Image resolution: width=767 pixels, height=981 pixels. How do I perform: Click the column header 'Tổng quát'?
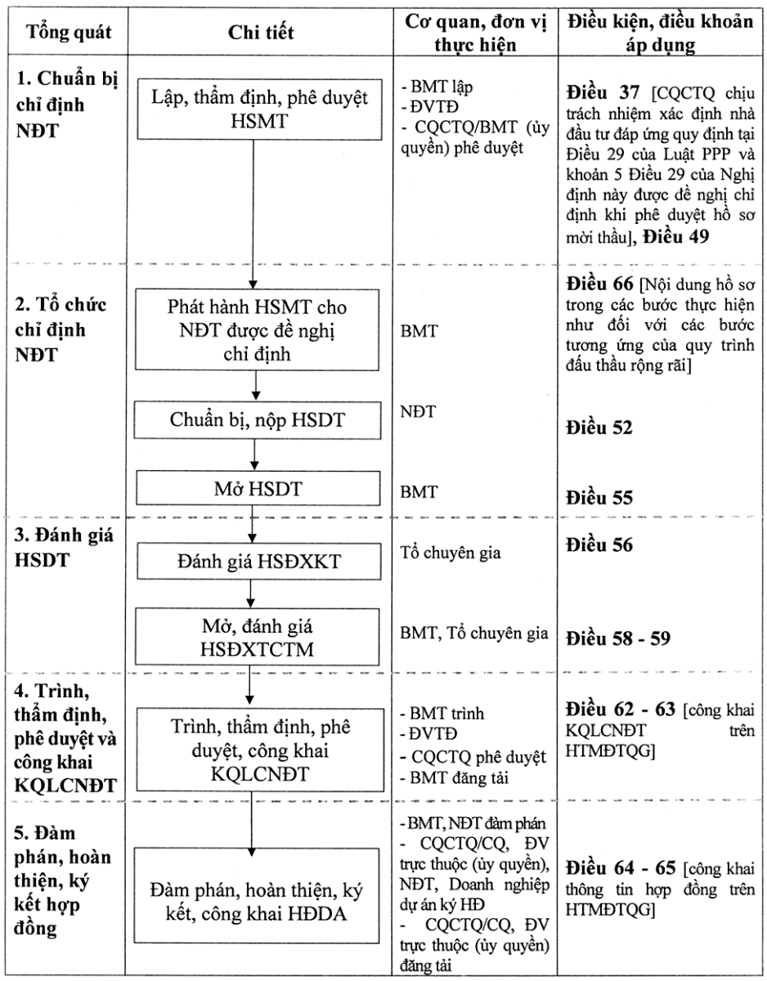tap(69, 32)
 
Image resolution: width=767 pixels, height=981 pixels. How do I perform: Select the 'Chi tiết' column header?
tap(261, 32)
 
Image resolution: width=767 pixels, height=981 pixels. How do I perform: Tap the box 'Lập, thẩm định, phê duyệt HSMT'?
tap(259, 110)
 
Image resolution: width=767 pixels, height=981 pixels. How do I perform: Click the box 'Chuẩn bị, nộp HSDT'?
tap(258, 420)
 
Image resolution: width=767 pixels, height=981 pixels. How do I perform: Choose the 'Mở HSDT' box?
tap(258, 489)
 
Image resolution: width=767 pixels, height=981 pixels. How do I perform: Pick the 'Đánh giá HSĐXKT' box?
tap(259, 561)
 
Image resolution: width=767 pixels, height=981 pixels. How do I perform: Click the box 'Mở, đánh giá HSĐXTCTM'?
tap(258, 637)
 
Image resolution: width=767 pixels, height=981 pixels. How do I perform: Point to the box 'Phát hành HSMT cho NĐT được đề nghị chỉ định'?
tap(257, 330)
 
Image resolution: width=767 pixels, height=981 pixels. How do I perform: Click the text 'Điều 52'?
tap(599, 428)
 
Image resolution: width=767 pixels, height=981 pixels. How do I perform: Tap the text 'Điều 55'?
tap(599, 498)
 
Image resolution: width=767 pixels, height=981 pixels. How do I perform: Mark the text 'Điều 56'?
tap(599, 545)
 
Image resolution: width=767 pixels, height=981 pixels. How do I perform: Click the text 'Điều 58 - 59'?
tap(618, 638)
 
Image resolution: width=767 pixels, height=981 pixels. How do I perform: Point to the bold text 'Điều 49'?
tap(675, 236)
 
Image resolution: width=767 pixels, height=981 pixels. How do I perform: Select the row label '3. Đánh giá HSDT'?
tap(64, 548)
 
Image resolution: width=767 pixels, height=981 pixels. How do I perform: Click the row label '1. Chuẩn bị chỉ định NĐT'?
tap(67, 105)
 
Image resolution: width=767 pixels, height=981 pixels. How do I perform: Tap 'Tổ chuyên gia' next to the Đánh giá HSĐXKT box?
tap(451, 553)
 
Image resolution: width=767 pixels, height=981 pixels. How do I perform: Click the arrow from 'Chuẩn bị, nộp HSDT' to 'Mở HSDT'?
tap(254, 455)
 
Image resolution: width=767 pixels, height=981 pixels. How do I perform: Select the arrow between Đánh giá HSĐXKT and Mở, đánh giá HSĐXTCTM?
tap(251, 594)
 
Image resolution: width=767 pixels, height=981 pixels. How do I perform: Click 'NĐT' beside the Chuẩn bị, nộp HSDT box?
tap(418, 412)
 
